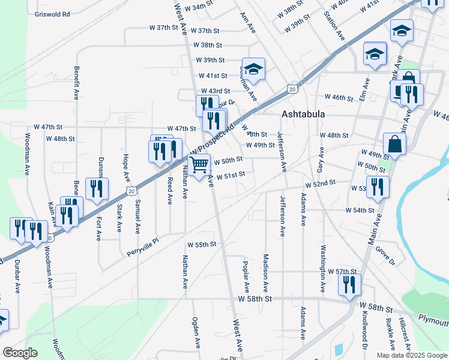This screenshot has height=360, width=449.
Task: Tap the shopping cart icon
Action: [199, 164]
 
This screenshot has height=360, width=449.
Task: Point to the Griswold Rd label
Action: [52, 13]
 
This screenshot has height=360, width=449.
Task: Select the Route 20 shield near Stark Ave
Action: [131, 190]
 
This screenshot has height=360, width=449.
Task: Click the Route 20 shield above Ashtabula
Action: [292, 89]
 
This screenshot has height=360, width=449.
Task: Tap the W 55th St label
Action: [201, 245]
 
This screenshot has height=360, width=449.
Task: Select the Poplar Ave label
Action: [246, 264]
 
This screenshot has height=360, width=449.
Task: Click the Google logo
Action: [20, 353]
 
